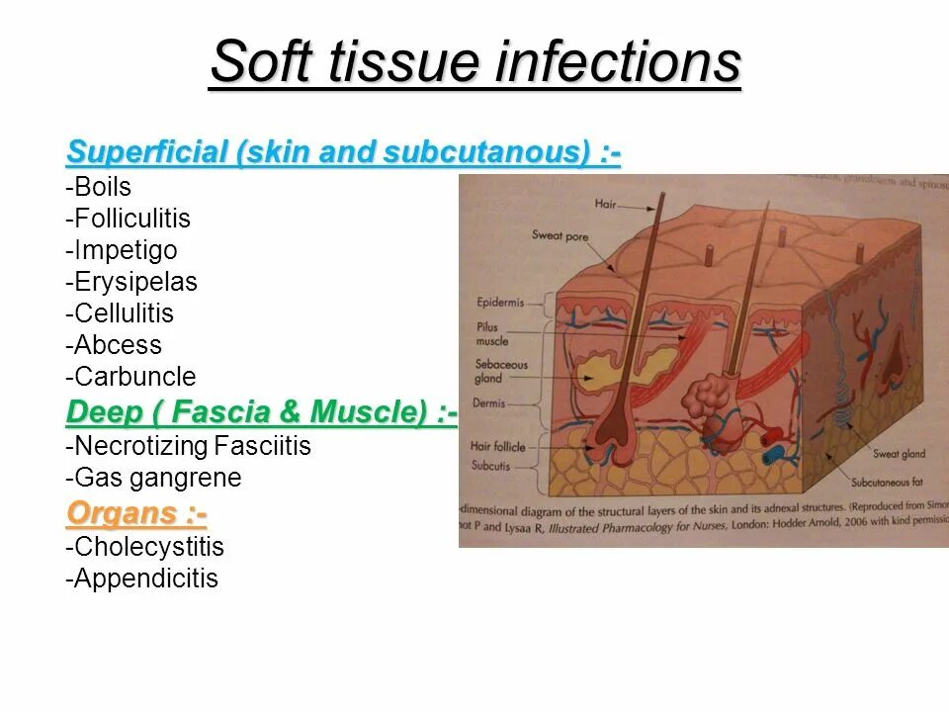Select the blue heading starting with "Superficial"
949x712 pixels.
click(x=343, y=153)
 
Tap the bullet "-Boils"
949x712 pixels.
click(x=99, y=187)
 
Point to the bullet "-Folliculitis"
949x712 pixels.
click(x=129, y=219)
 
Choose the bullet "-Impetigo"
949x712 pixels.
click(x=122, y=250)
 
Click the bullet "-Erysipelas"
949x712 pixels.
click(x=131, y=282)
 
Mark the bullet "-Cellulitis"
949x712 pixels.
click(x=120, y=313)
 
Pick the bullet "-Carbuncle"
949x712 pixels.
click(x=130, y=377)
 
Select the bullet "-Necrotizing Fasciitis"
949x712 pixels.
click(x=188, y=446)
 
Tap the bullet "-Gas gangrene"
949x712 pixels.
click(x=153, y=478)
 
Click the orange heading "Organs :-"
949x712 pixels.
click(x=136, y=513)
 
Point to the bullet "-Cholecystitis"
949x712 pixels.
click(x=145, y=547)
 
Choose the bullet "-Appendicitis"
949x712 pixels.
click(x=142, y=578)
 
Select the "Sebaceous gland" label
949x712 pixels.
click(x=501, y=371)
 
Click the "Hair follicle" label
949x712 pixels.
click(x=498, y=446)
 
